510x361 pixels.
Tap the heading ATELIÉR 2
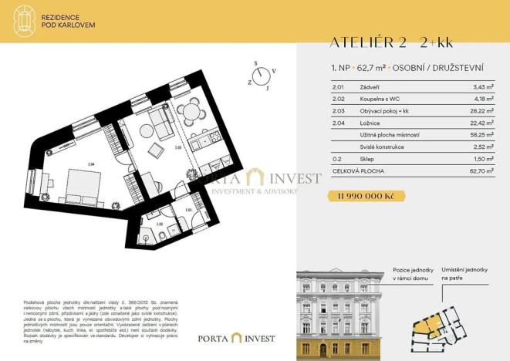(x=363, y=42)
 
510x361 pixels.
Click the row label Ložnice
(x=371, y=122)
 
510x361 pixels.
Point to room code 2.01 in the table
(x=337, y=87)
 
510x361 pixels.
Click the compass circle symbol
(x=264, y=75)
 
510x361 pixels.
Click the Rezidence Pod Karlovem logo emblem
(x=25, y=20)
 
